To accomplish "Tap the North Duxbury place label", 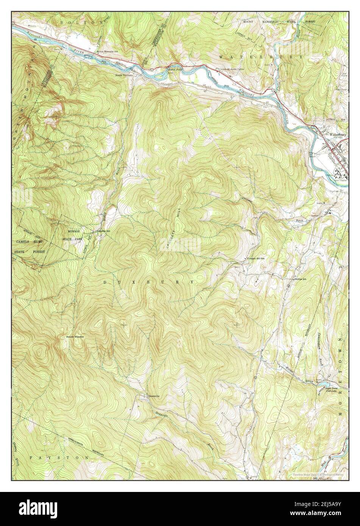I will (124, 75).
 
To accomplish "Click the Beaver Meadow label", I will (75, 336).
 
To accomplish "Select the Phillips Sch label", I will (299, 279).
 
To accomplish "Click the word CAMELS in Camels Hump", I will (25, 241).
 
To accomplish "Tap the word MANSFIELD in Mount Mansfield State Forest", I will (268, 22).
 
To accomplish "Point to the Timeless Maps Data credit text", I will (318, 474).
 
